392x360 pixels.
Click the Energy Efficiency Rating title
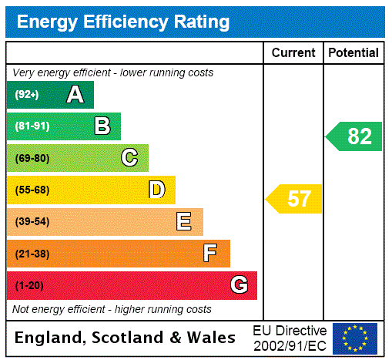[x=123, y=22]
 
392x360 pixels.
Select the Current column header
[x=293, y=53]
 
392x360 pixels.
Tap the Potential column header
[x=353, y=53]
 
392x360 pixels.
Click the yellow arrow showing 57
[x=295, y=199]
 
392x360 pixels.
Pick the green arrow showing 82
[x=355, y=136]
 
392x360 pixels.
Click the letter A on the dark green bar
[x=75, y=95]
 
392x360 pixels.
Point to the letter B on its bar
[x=102, y=126]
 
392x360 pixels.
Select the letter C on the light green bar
[x=129, y=158]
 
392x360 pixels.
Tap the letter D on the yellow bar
[x=156, y=190]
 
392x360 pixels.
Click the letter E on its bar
[x=183, y=222]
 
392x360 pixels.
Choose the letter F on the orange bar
[x=209, y=254]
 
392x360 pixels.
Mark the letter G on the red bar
[x=240, y=285]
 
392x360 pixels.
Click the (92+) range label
[x=27, y=95]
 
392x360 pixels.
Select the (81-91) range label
[x=32, y=126]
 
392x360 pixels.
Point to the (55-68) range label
[x=32, y=190]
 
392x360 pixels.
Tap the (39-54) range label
[x=32, y=222]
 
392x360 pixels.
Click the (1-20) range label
[x=29, y=285]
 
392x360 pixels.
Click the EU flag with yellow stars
[x=355, y=338]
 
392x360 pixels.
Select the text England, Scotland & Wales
[x=126, y=338]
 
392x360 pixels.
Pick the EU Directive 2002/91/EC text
[x=290, y=338]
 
